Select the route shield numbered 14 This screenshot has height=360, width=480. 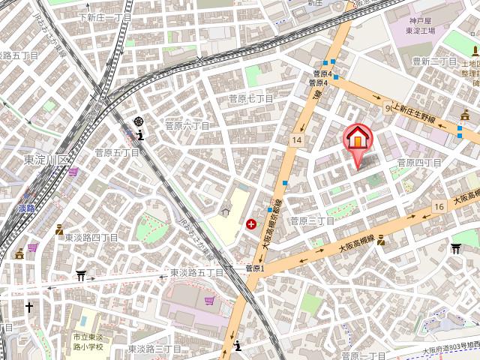(x=298, y=140)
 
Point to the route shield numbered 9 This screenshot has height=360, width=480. (x=388, y=108)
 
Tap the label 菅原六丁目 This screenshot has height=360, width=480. (x=187, y=125)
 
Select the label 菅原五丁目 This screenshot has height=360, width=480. (x=117, y=153)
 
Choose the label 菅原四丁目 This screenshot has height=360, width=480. (x=419, y=163)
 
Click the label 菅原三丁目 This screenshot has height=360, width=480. (x=312, y=221)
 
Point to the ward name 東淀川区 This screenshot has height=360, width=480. (x=46, y=160)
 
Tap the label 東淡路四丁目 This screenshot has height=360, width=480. (x=86, y=238)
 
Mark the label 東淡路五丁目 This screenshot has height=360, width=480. (x=196, y=273)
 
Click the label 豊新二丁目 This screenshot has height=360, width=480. (x=434, y=61)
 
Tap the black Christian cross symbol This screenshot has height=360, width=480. (x=28, y=307)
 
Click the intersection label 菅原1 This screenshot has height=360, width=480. (x=256, y=268)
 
